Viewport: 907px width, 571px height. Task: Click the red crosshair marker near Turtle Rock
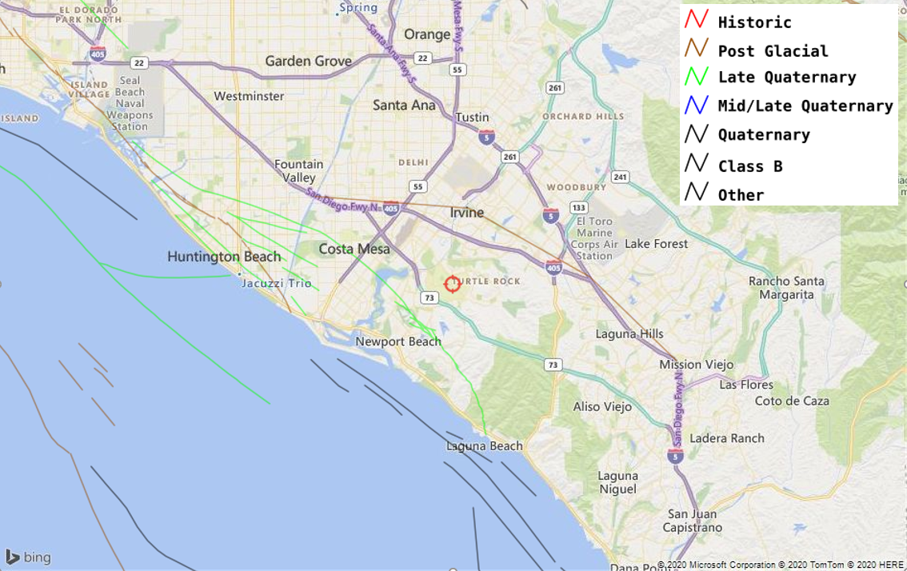pos(452,284)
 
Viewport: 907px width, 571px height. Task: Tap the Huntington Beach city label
pos(224,257)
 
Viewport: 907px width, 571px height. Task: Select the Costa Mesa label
pos(354,249)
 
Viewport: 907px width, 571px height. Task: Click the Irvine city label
pos(466,212)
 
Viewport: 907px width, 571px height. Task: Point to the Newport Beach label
pos(398,341)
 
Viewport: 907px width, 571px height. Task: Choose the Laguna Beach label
pos(484,446)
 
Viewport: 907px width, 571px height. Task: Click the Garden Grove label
pos(308,61)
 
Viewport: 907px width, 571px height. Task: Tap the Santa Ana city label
pos(404,105)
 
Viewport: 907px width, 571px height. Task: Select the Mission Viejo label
pos(696,364)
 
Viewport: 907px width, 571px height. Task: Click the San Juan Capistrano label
pos(693,521)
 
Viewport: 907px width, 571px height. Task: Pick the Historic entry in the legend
pos(754,22)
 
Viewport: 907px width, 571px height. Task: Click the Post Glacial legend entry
pos(773,51)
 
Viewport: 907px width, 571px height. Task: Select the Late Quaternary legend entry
pos(786,78)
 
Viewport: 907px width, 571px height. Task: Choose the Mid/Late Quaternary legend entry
pos(805,106)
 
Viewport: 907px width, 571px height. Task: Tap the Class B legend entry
pos(749,166)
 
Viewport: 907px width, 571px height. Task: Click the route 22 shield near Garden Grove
pos(139,63)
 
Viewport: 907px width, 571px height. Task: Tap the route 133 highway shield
pos(579,208)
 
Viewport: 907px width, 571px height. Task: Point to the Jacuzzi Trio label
pos(277,283)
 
